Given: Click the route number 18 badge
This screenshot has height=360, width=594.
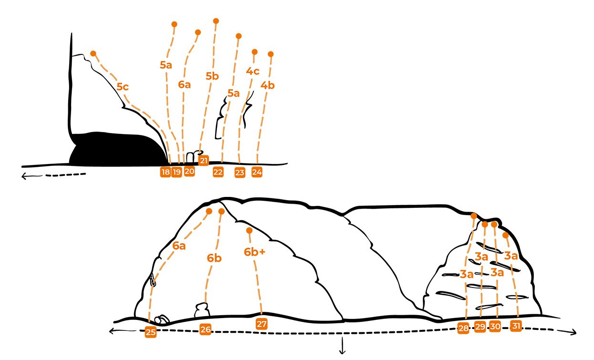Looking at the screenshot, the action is (166, 172).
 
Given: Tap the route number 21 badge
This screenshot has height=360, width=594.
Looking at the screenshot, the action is (203, 160).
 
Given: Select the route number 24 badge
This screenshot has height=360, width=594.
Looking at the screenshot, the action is (257, 172).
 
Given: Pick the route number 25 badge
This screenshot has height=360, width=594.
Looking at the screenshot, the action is (150, 332).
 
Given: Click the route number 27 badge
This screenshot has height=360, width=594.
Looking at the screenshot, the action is (261, 324).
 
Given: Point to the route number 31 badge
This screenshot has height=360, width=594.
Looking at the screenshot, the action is (516, 326).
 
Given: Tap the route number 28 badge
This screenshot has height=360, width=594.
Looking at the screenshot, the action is (463, 328).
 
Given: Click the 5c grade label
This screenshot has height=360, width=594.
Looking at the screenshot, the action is (123, 87).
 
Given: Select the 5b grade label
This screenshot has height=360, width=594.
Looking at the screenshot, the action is (212, 76).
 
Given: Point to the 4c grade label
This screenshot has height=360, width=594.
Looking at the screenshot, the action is (252, 71).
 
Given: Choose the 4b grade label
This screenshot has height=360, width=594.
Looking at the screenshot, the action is (267, 85).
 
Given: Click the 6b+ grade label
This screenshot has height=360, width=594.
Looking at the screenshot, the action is (255, 252).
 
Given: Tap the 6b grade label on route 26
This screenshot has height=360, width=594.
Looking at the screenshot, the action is (214, 258).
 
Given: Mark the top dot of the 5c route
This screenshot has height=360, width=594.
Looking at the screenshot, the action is (93, 53).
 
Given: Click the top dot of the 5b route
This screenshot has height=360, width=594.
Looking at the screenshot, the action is (216, 21).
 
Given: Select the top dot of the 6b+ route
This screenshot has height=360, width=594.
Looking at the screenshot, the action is (249, 231).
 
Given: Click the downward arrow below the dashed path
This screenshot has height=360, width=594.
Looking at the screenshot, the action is (343, 345).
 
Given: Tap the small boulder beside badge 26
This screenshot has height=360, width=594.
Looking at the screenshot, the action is (202, 310).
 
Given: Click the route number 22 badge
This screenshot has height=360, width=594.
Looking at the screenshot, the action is (218, 172).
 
